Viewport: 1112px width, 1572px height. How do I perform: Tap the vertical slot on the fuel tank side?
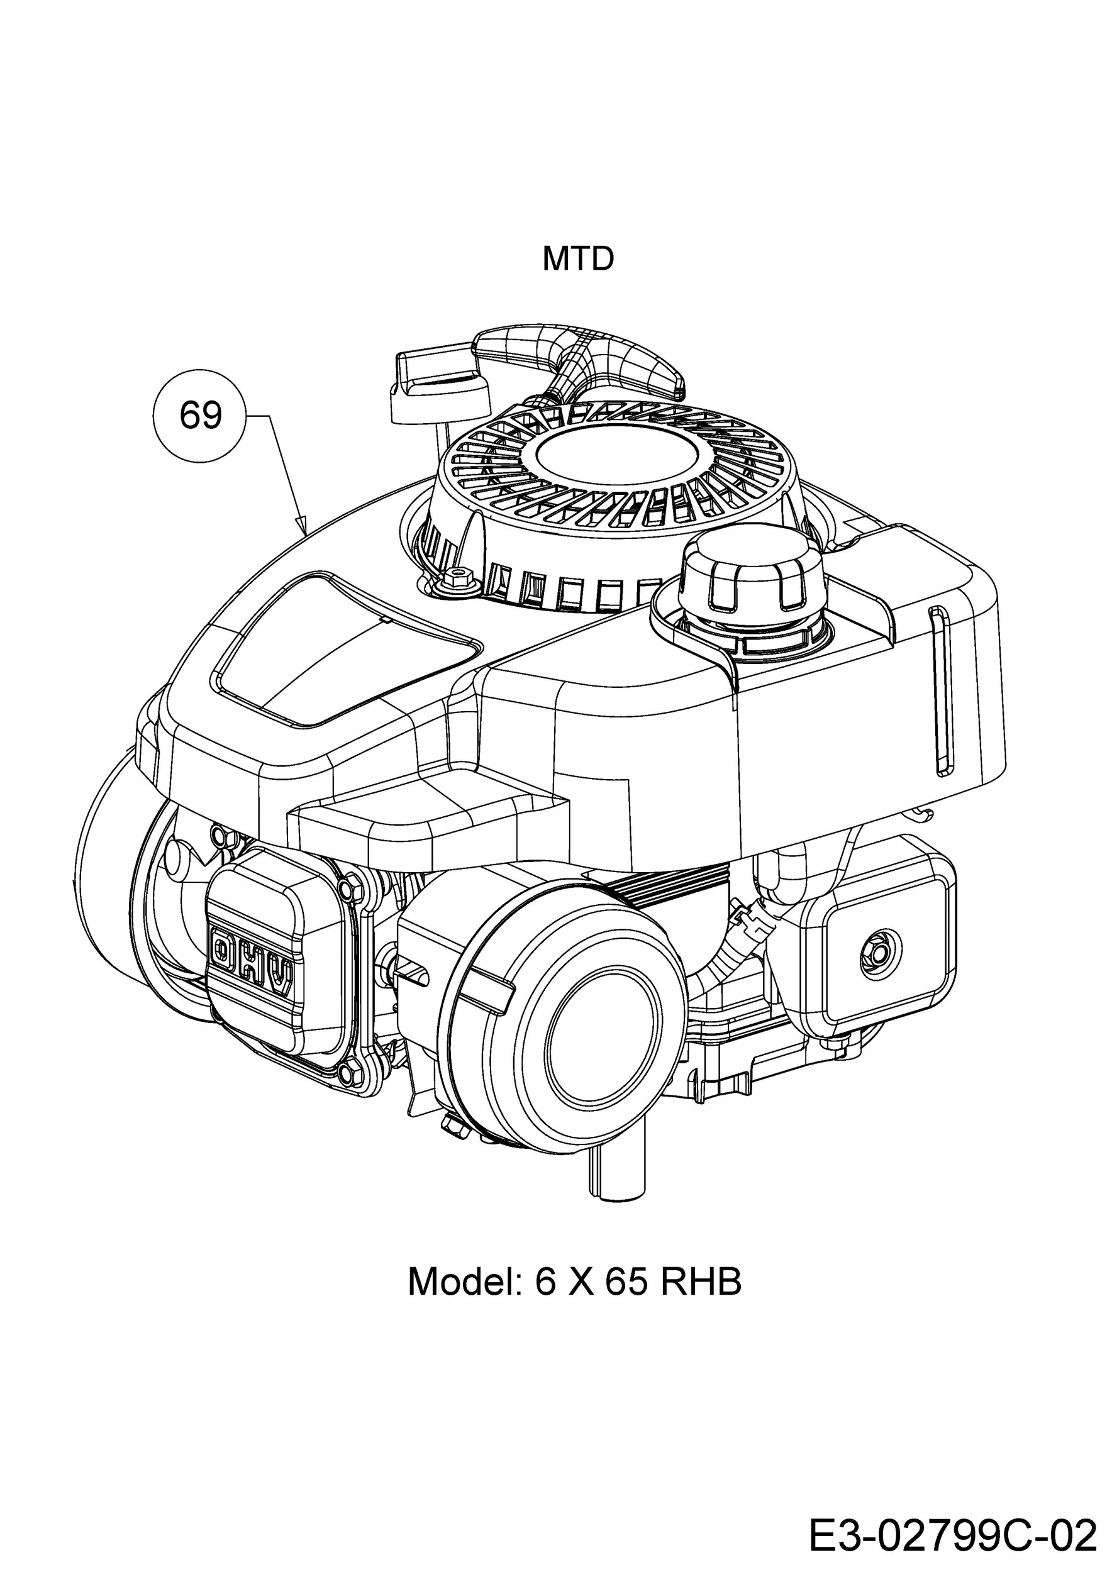click(943, 692)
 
